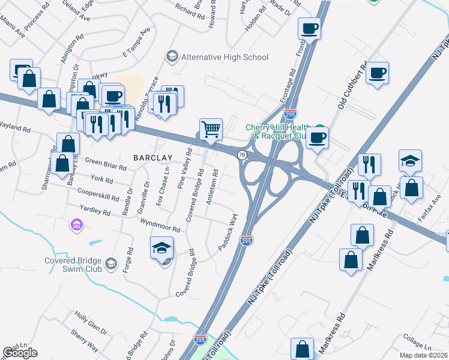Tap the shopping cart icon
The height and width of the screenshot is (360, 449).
211,128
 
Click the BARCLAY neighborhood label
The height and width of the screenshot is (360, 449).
153,158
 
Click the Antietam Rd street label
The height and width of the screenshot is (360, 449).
211,187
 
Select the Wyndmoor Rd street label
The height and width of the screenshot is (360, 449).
160,226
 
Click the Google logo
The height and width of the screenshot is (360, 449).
20,352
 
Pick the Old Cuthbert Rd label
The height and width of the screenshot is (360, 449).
351,88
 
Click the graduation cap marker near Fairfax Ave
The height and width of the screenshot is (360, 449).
411,161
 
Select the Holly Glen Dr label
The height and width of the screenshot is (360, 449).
91,323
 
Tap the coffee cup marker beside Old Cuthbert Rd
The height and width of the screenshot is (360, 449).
377,74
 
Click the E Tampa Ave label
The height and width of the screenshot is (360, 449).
135,41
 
